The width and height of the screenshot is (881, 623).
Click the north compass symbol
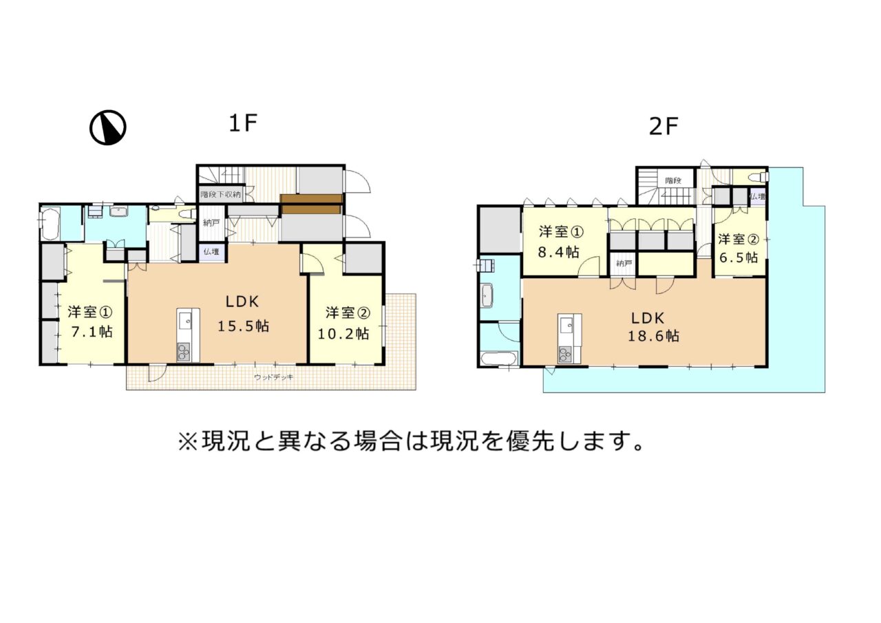pos(108,127)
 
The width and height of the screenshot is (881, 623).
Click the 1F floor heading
pos(243,123)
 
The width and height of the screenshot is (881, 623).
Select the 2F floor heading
pos(664,127)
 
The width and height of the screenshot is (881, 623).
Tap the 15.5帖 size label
pos(244,326)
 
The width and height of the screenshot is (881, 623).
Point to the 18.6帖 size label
pos(653,336)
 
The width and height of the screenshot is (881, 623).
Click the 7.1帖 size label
pos(92,332)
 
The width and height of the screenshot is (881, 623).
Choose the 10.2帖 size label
pos(343,334)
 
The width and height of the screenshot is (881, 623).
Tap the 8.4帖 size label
pos(558,252)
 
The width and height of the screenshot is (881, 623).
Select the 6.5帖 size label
pos(739,257)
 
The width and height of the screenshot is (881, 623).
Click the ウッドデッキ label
pos(274,377)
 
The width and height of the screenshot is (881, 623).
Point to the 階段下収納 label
pos(221,194)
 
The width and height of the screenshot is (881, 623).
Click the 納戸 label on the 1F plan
pos(211,223)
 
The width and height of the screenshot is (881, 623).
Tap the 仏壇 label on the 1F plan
pos(211,252)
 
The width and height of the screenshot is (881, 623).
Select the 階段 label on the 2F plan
pos(673,180)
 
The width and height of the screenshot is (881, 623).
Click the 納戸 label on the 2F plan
pos(624,263)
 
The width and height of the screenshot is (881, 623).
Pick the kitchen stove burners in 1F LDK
pos(183,352)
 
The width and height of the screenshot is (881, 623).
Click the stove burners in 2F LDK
pos(565,355)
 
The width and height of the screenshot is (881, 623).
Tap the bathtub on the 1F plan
pos(50,224)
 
